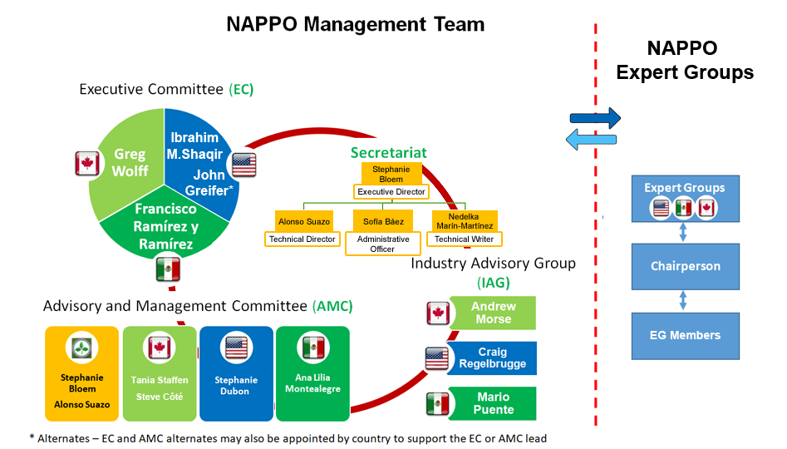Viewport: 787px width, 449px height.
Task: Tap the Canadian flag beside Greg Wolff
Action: [86, 163]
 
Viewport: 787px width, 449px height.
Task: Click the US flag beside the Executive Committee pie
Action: [244, 165]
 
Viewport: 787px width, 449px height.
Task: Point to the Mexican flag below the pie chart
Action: [168, 269]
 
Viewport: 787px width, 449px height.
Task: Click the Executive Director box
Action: [391, 192]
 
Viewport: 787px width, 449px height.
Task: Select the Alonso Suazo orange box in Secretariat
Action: [304, 221]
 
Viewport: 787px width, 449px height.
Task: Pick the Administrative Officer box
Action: [383, 244]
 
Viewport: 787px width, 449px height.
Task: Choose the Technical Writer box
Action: [465, 239]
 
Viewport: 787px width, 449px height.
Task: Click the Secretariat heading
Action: [388, 152]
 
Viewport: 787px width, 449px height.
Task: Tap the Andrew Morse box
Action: [493, 313]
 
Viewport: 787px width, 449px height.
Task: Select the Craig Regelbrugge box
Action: [492, 358]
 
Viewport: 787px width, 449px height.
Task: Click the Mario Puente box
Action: [493, 403]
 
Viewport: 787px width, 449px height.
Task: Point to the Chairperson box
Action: [685, 267]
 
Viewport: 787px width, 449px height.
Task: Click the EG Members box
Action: [685, 335]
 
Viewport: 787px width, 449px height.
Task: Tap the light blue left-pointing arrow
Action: [591, 139]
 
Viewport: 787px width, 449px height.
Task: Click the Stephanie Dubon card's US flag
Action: [236, 348]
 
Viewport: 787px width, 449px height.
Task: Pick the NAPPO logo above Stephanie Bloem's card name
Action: [81, 348]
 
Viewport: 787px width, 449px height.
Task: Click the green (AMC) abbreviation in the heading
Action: [332, 306]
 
